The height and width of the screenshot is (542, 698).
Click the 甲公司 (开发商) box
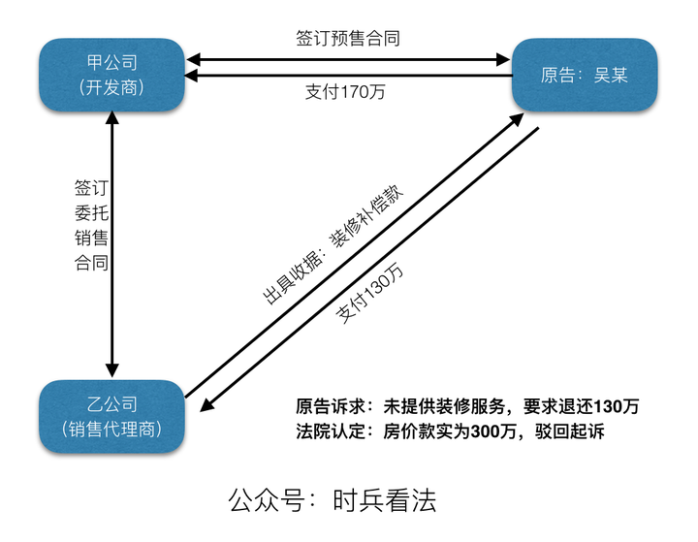pos(111,75)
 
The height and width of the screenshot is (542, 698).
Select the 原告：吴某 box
pos(585,75)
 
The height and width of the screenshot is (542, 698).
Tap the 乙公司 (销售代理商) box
pos(111,416)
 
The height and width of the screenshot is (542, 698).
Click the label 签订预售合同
pos(348,39)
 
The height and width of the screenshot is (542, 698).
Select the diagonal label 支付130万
pos(371,294)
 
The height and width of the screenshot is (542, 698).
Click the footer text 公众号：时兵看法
pos(333,500)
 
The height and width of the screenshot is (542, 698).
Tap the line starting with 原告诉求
pos(467,406)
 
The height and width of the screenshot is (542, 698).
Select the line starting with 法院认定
pos(450,431)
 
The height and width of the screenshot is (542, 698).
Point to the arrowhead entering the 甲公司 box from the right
pos(193,75)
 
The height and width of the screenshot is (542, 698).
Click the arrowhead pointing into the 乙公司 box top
pos(112,369)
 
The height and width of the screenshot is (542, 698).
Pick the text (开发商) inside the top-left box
pos(111,87)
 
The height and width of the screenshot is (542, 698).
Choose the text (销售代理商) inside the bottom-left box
pos(111,429)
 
